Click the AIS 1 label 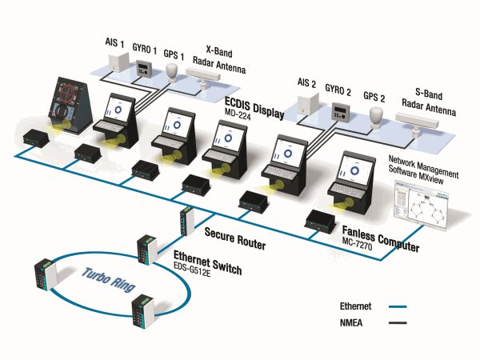tap(114, 42)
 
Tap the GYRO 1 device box tap(142, 68)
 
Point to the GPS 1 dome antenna tap(172, 72)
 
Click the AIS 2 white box tap(308, 105)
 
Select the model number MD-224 tap(238, 114)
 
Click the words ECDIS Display tap(254, 108)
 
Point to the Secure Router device tap(186, 221)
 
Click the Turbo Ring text tap(109, 279)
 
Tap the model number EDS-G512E tap(192, 270)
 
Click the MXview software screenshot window tap(421, 205)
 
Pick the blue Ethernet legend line tap(398, 306)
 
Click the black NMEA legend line tap(398, 322)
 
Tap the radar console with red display tap(72, 105)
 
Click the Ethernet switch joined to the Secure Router tap(147, 250)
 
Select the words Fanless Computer tap(381, 239)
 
